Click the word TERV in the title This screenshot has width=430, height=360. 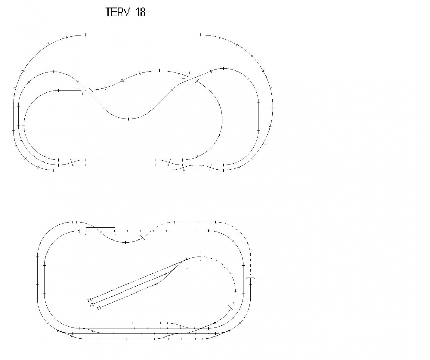pyautogui.click(x=118, y=12)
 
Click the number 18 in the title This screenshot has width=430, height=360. pyautogui.click(x=140, y=12)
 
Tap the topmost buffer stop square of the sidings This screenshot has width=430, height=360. pyautogui.click(x=89, y=300)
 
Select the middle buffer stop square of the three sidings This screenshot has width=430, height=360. pyautogui.click(x=92, y=304)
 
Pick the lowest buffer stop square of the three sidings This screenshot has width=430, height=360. pyautogui.click(x=99, y=308)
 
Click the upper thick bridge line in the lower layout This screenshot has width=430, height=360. pyautogui.click(x=100, y=228)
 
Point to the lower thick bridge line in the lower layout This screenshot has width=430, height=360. pyautogui.click(x=100, y=234)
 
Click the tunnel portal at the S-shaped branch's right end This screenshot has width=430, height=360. pyautogui.click(x=187, y=75)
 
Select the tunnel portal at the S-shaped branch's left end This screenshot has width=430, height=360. pyautogui.click(x=91, y=89)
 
